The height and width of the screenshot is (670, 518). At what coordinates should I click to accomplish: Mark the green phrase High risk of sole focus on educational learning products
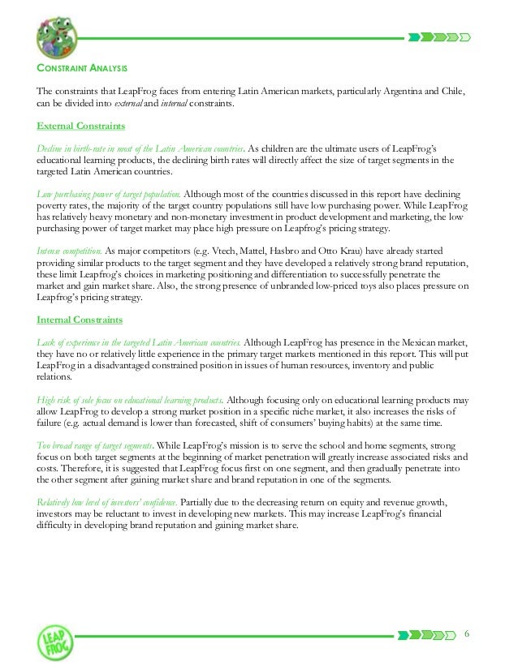click(x=131, y=400)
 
